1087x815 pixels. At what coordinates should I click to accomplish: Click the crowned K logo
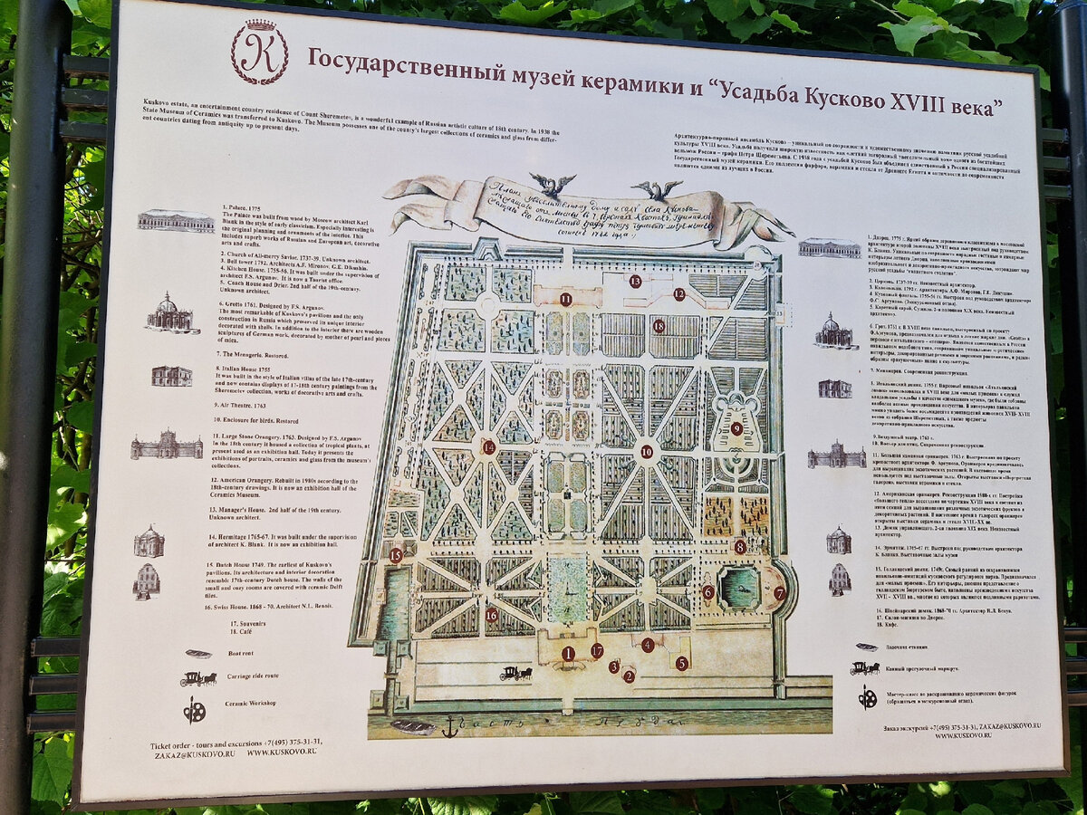point(259,51)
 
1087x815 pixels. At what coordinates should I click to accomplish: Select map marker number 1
point(568,653)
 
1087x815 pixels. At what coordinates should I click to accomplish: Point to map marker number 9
point(736,428)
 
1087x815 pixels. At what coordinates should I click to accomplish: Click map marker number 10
point(646,451)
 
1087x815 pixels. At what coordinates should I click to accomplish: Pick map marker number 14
point(489,446)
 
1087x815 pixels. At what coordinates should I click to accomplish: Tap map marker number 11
point(565,299)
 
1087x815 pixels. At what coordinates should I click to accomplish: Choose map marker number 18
point(659,326)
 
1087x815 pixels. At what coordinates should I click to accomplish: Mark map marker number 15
point(396,555)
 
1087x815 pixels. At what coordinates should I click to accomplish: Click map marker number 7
point(779,593)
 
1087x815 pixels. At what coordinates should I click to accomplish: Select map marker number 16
point(491,614)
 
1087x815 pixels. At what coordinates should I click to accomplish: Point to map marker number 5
point(682,663)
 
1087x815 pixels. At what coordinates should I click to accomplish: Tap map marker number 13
point(635,282)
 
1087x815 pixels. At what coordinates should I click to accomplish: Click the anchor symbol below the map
point(450,725)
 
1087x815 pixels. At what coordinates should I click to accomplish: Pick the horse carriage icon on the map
point(516,673)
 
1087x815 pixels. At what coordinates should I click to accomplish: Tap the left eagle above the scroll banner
point(552,184)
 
